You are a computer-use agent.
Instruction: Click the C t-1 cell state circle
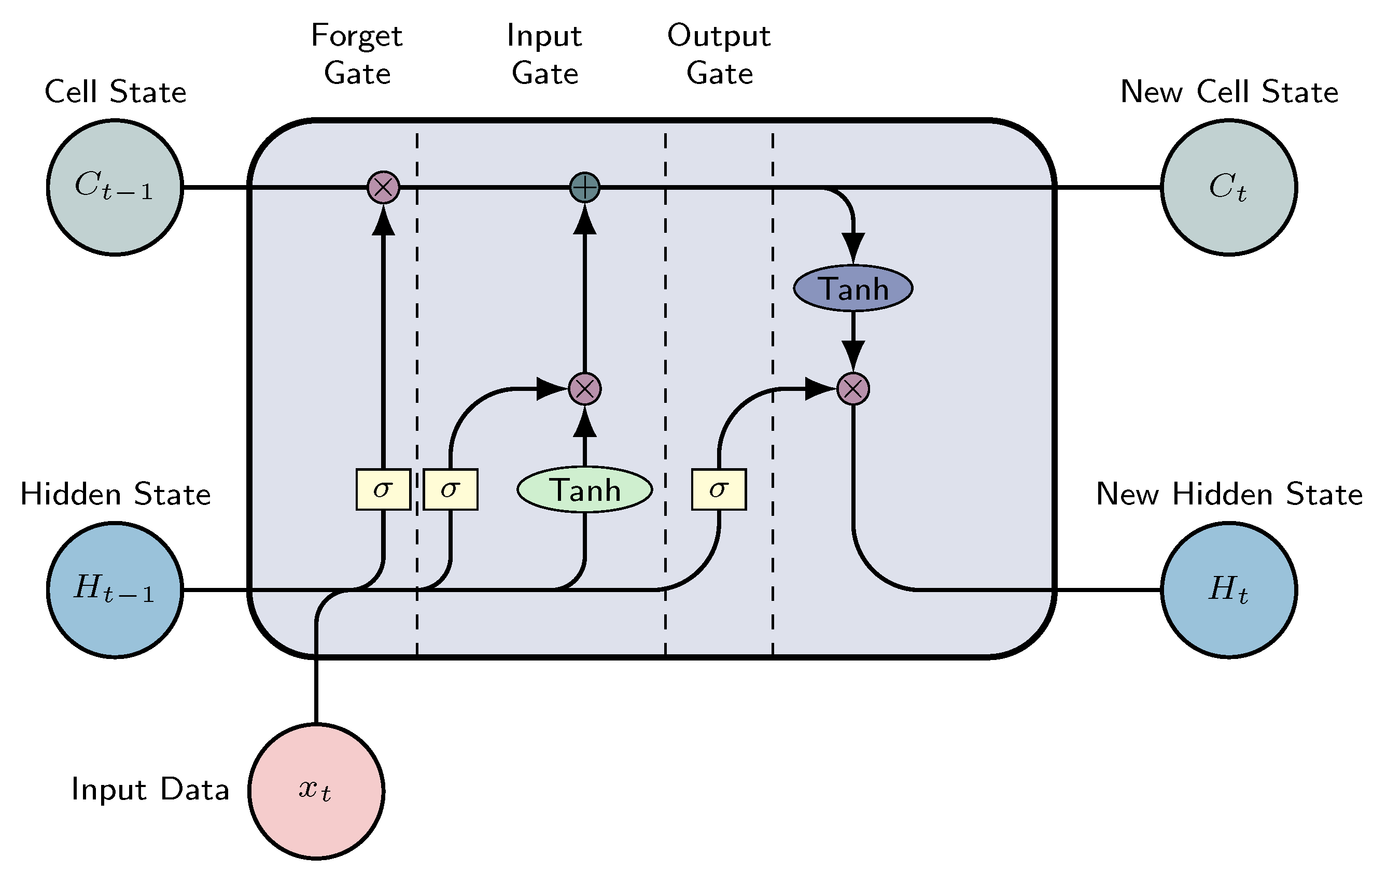(x=115, y=187)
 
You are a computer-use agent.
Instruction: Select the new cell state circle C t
(x=1229, y=187)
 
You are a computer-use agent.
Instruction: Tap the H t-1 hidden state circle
(x=115, y=590)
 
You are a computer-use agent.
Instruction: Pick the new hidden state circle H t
(x=1229, y=590)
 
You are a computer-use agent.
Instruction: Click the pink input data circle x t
(x=316, y=791)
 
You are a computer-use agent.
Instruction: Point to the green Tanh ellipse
(x=585, y=489)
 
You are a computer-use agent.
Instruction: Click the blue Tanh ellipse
(x=852, y=288)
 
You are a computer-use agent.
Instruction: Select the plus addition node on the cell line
(x=585, y=187)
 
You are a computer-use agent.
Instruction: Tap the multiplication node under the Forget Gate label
(x=383, y=187)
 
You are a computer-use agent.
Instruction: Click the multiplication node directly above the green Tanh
(x=585, y=389)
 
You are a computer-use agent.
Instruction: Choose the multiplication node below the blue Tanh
(x=852, y=389)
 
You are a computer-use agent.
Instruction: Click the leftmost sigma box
(x=383, y=489)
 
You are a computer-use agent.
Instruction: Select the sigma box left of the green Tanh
(x=451, y=489)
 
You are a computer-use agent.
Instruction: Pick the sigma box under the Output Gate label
(x=719, y=489)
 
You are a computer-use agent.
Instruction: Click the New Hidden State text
(x=1229, y=494)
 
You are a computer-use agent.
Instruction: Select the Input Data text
(x=150, y=789)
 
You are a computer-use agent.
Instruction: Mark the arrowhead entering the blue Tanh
(x=852, y=247)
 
